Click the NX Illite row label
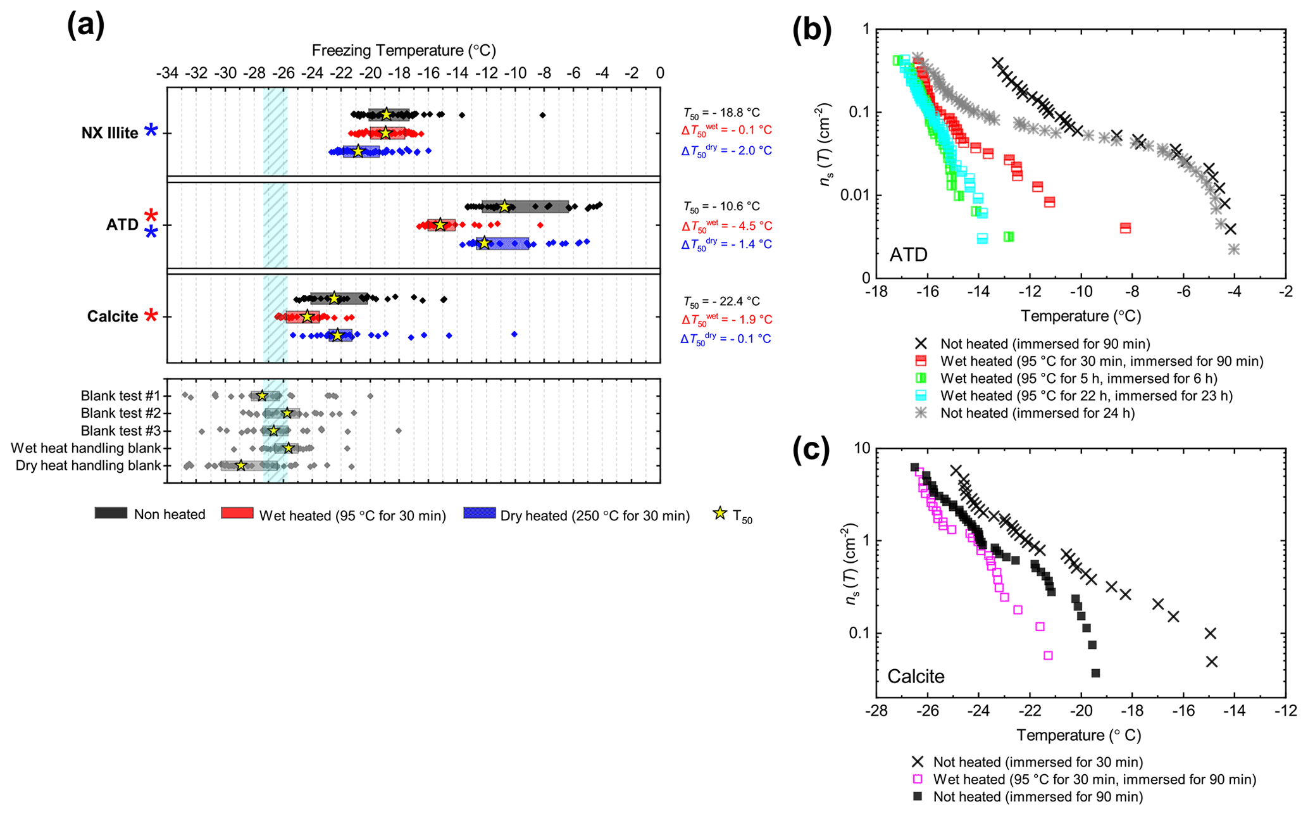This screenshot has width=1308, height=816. pyautogui.click(x=109, y=133)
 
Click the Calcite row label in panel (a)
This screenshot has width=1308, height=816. pyautogui.click(x=113, y=316)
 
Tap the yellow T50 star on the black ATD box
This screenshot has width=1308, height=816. pyautogui.click(x=504, y=206)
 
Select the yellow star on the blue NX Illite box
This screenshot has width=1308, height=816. pyautogui.click(x=358, y=151)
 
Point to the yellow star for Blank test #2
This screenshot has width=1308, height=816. pyautogui.click(x=287, y=413)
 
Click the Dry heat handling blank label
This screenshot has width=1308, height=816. pyautogui.click(x=88, y=465)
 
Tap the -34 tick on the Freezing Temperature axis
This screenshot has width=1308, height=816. pyautogui.click(x=167, y=73)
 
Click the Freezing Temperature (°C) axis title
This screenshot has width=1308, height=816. pyautogui.click(x=404, y=51)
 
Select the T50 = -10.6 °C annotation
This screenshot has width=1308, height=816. pyautogui.click(x=721, y=206)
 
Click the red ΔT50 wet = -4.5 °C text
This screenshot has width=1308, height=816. pyautogui.click(x=726, y=226)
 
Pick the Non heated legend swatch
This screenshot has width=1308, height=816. pyautogui.click(x=111, y=513)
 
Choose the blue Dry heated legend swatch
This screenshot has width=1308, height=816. pyautogui.click(x=479, y=513)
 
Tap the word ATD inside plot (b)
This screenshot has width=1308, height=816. pyautogui.click(x=908, y=254)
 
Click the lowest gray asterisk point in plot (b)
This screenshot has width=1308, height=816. pyautogui.click(x=1233, y=249)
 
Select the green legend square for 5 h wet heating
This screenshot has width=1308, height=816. pyautogui.click(x=921, y=379)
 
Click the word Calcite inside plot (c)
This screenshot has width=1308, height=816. pyautogui.click(x=916, y=676)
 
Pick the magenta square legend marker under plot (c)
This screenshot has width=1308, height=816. pyautogui.click(x=918, y=779)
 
